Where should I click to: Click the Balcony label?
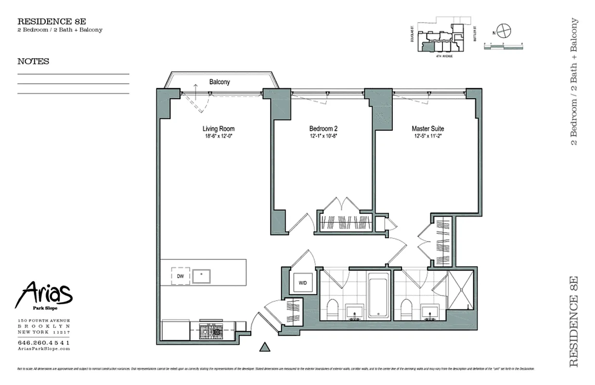pos(220,82)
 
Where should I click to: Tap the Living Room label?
pos(219,128)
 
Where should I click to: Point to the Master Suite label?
pos(427,128)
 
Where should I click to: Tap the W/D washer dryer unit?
pos(303,283)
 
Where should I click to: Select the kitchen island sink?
pos(201,276)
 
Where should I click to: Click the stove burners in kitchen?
pos(210,331)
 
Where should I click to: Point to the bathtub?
pos(379,295)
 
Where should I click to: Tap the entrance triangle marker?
pos(264,347)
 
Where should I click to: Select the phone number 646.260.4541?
pos(43,342)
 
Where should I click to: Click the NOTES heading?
pos(33,62)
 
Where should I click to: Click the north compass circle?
pos(504,30)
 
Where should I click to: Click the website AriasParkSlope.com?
pos(43,348)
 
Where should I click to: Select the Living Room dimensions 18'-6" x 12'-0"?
pos(219,136)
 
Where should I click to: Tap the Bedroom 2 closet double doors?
pos(342,204)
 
